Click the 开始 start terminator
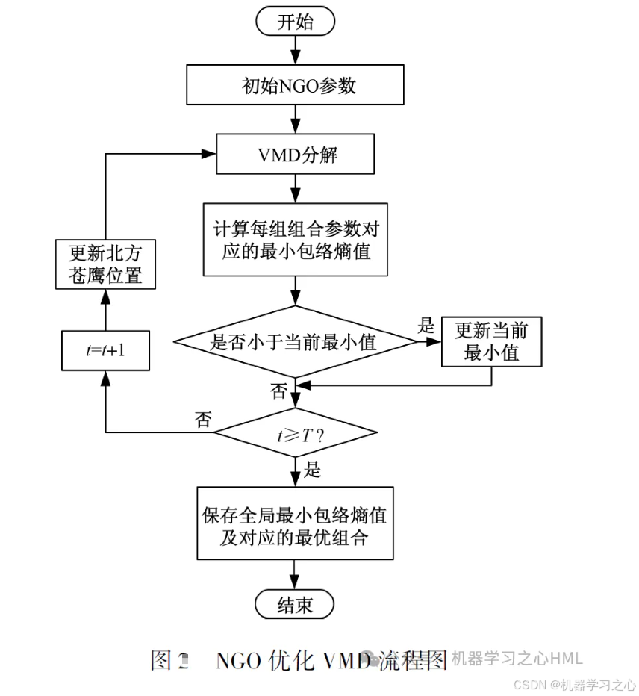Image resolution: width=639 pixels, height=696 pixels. (x=295, y=22)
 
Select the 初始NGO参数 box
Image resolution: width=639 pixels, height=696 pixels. (x=295, y=85)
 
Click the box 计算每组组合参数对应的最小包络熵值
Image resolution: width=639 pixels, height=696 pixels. (x=296, y=239)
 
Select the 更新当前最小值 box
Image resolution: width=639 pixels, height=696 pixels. (x=490, y=342)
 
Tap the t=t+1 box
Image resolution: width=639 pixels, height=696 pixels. (x=105, y=349)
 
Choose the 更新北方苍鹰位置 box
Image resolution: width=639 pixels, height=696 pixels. (x=105, y=264)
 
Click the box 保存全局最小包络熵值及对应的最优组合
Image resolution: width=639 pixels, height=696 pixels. (x=295, y=523)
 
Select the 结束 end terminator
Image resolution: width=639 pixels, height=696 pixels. (x=295, y=603)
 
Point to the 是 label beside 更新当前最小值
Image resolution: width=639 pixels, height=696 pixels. (x=426, y=325)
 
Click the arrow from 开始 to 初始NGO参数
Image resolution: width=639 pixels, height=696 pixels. (x=296, y=50)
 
